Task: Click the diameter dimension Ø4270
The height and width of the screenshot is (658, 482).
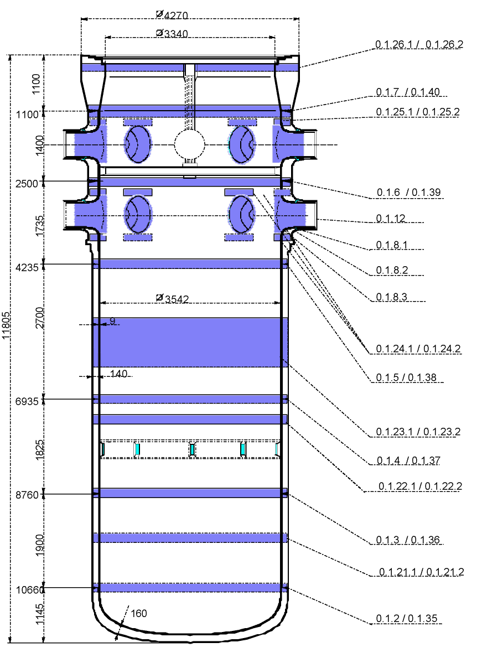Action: tap(172, 15)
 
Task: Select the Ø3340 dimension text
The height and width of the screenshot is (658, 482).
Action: tap(172, 33)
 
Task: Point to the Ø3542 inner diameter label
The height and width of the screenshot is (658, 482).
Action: tap(172, 298)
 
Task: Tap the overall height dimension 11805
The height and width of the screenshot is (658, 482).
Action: tap(6, 325)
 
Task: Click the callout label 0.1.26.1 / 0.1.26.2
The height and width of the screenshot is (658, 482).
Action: tap(419, 44)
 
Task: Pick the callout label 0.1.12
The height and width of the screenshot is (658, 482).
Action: tap(391, 218)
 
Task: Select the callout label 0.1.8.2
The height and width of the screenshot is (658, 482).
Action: tap(392, 270)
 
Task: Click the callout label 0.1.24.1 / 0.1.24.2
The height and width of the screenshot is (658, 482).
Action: tap(418, 348)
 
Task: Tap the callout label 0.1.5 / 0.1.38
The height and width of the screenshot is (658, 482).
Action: tap(406, 377)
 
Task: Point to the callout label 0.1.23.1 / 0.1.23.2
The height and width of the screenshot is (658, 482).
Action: tap(418, 432)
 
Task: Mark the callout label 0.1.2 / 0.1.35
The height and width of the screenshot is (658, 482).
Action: tap(407, 618)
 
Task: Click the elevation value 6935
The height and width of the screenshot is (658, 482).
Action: tap(27, 401)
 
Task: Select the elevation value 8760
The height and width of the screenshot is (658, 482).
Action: tap(27, 495)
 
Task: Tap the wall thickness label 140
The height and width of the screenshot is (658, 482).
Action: tap(119, 374)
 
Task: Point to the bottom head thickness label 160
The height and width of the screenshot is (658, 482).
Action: tap(139, 613)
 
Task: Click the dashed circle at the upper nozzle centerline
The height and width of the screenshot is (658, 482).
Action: tap(190, 145)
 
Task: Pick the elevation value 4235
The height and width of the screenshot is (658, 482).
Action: tap(27, 267)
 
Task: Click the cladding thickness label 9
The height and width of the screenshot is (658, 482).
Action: tap(112, 320)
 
